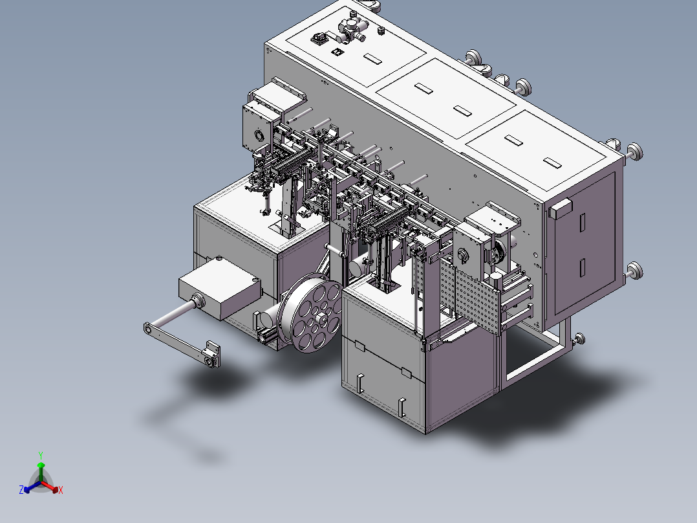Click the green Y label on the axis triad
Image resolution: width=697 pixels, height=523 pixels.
click(41, 455)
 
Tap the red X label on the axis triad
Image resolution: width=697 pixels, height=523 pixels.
click(61, 490)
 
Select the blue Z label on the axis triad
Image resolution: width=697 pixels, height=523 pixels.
click(21, 489)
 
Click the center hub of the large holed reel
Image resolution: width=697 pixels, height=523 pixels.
click(321, 318)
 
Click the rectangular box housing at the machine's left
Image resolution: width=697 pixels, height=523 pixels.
click(220, 287)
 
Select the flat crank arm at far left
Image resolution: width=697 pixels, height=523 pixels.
click(182, 344)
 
